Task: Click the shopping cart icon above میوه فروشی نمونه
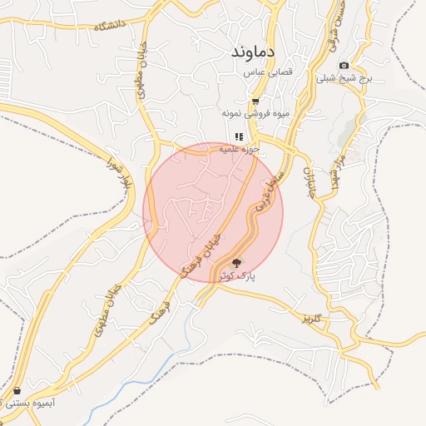point(255,101)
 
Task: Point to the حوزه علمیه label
point(240,149)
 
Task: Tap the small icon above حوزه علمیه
point(239,136)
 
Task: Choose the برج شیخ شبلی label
point(344,78)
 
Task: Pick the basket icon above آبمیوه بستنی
point(17,390)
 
